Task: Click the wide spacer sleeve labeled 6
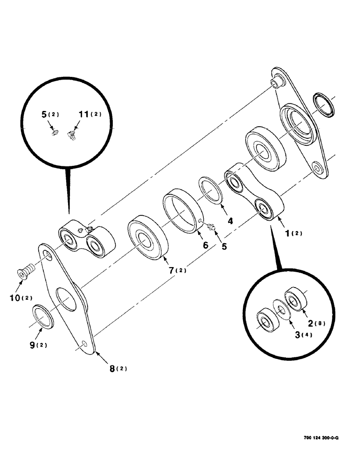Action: pyautogui.click(x=182, y=209)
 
